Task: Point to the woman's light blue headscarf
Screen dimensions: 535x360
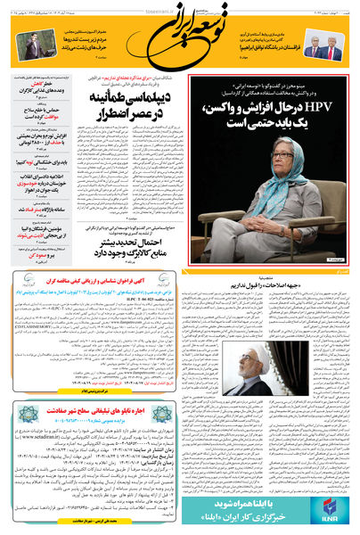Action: coord(276,167)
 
